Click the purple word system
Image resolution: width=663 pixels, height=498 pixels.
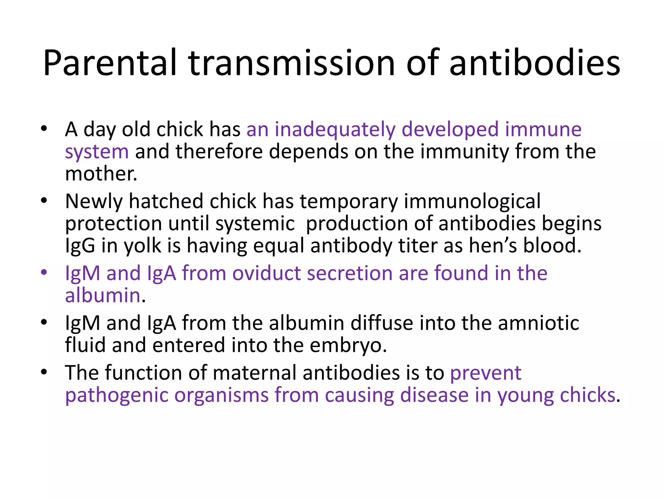(x=97, y=152)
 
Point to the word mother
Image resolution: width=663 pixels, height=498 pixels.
(x=101, y=174)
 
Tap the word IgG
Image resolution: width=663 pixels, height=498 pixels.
(x=80, y=246)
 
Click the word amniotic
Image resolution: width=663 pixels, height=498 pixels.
(x=538, y=323)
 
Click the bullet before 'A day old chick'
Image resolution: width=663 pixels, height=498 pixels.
(x=44, y=128)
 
